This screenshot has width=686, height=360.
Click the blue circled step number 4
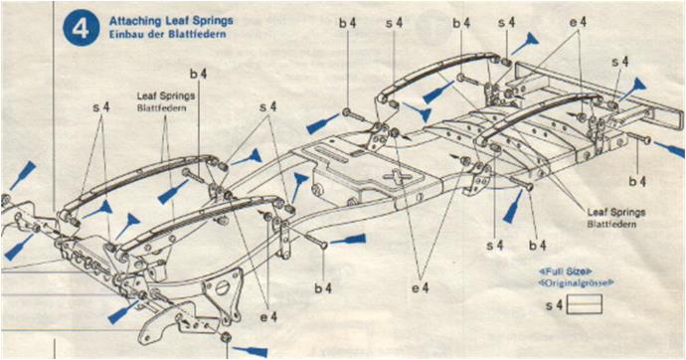[81, 28]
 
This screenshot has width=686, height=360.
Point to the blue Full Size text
[565, 271]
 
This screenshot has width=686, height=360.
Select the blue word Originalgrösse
[576, 283]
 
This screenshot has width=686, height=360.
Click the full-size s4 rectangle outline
[584, 304]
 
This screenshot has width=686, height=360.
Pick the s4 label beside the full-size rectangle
[555, 305]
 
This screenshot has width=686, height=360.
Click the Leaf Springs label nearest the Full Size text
[616, 213]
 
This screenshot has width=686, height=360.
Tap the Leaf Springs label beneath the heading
[166, 95]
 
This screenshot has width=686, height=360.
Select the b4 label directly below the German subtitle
[198, 74]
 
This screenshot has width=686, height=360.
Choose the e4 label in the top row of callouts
[578, 22]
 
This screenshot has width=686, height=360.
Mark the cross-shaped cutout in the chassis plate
[398, 176]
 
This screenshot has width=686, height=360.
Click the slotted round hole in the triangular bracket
[223, 287]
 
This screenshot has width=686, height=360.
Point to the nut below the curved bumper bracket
[227, 337]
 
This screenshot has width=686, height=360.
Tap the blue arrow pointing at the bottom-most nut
[250, 351]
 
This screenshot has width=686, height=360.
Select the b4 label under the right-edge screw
[637, 180]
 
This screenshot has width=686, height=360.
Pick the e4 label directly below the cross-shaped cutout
[420, 287]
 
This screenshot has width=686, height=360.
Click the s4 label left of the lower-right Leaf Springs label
[495, 246]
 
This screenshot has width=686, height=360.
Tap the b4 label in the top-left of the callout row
[348, 23]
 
